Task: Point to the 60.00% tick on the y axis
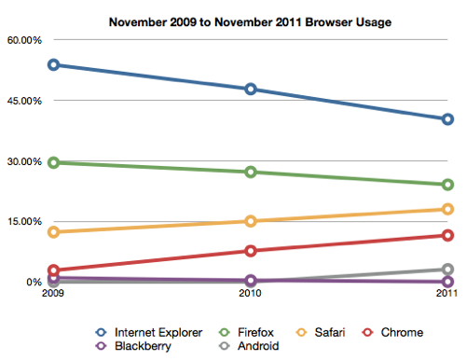tap(23, 40)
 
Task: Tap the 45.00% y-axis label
tap(23, 101)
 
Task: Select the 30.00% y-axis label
tap(23, 161)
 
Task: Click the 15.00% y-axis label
tap(23, 222)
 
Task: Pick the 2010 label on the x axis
tap(250, 296)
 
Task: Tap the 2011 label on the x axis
tap(446, 296)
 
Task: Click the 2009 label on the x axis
tap(54, 296)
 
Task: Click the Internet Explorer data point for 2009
tap(54, 65)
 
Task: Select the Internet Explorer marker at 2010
tap(251, 90)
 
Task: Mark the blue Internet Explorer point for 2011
tap(447, 119)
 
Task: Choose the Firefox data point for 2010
tap(251, 173)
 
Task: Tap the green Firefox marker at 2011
tap(447, 185)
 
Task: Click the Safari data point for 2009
tap(54, 232)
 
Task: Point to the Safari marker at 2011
tap(447, 209)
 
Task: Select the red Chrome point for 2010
tap(251, 251)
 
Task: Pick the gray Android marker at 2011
tap(447, 270)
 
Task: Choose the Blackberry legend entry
tap(134, 347)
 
